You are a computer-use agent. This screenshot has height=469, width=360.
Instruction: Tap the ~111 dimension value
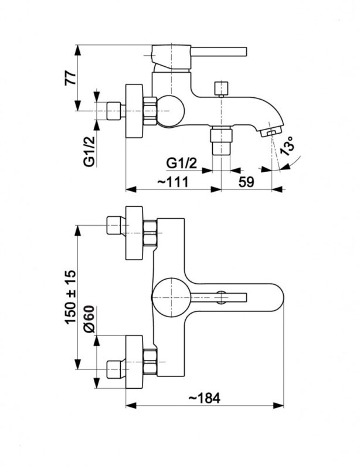(x=172, y=182)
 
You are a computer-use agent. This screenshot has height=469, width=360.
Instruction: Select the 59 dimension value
(x=246, y=182)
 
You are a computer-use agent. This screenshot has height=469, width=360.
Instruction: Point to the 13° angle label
(x=287, y=146)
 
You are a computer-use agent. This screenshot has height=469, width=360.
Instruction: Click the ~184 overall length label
(x=205, y=398)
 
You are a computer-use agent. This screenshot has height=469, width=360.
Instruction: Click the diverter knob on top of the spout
(x=220, y=89)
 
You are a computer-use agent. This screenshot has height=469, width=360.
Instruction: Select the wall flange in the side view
(x=135, y=110)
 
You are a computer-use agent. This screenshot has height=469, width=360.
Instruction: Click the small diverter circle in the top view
(x=220, y=297)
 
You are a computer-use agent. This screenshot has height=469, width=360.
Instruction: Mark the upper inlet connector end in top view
(x=113, y=225)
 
